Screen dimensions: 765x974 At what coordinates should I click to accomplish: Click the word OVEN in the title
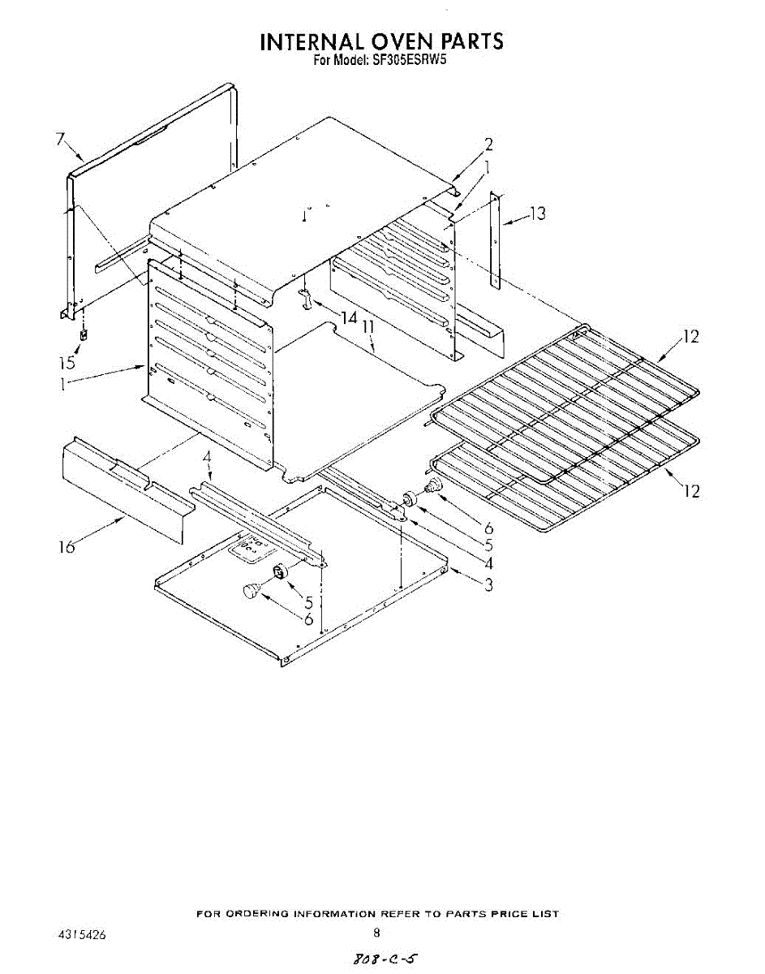(x=401, y=41)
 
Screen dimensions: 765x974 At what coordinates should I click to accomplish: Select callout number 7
(x=61, y=139)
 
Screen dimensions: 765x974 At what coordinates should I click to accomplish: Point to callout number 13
(x=539, y=213)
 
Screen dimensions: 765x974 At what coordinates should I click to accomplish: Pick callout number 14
(x=349, y=317)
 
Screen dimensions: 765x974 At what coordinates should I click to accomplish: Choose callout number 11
(x=368, y=328)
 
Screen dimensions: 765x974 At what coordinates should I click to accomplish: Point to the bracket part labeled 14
(x=306, y=298)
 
